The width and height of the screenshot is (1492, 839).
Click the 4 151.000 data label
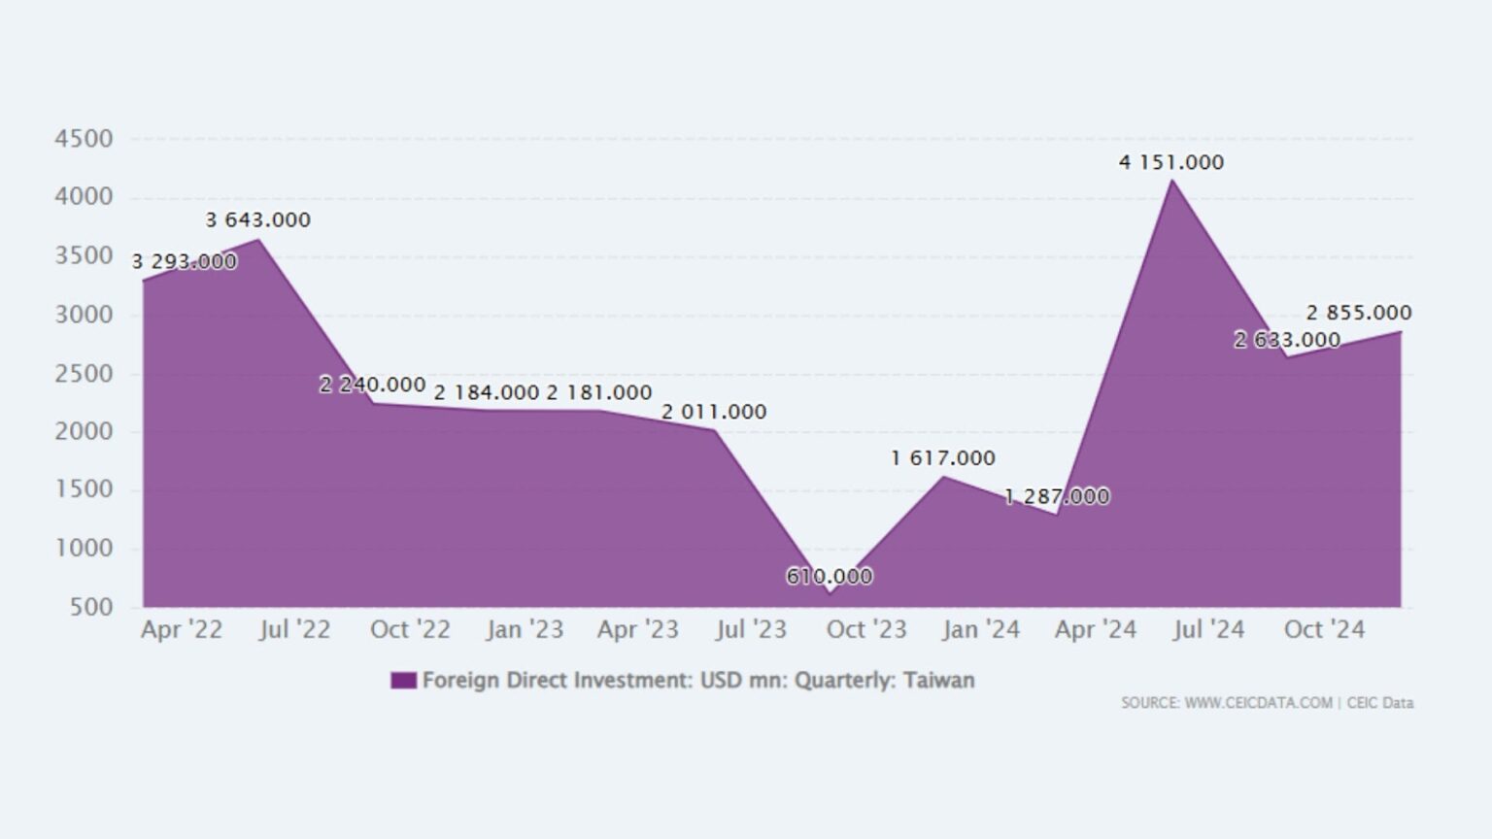(1170, 162)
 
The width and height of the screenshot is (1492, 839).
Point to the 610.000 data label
(829, 576)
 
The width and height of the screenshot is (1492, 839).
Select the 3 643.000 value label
(257, 219)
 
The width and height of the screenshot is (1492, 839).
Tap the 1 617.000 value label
(942, 457)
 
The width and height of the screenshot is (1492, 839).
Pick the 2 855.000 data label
(1358, 313)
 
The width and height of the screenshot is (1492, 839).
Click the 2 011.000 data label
(714, 412)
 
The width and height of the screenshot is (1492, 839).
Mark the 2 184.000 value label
(486, 392)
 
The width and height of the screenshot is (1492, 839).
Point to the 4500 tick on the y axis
(84, 139)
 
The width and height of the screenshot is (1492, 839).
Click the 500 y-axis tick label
(92, 607)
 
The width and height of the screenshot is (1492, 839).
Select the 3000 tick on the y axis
(84, 315)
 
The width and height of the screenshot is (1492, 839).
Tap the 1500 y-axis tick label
(84, 489)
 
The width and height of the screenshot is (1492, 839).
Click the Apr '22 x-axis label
(182, 629)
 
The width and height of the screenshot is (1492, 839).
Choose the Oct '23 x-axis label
(866, 629)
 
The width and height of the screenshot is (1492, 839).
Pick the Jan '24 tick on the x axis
(981, 629)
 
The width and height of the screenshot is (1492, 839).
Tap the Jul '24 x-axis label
(1208, 629)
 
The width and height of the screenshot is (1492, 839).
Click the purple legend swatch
(403, 681)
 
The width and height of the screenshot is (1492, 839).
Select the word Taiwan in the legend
(938, 680)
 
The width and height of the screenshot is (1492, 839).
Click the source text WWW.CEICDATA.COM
(1258, 702)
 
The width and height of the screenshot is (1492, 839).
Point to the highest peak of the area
(1172, 181)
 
